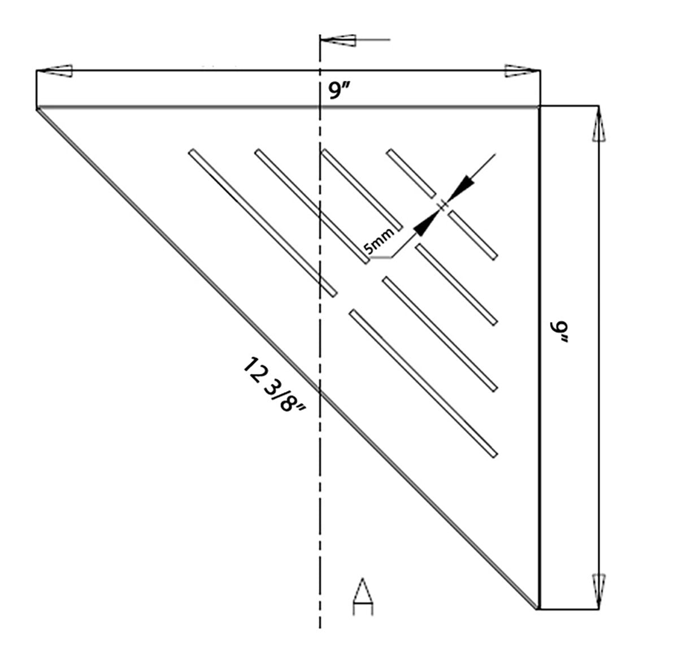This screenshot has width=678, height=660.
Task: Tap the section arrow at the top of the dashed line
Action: coord(339,40)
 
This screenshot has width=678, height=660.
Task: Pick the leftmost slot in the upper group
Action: coord(263,222)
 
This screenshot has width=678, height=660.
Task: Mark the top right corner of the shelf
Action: coord(540,106)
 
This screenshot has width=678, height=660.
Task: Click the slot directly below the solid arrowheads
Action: coord(472,235)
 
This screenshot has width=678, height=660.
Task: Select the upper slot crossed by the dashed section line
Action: coord(362,189)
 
